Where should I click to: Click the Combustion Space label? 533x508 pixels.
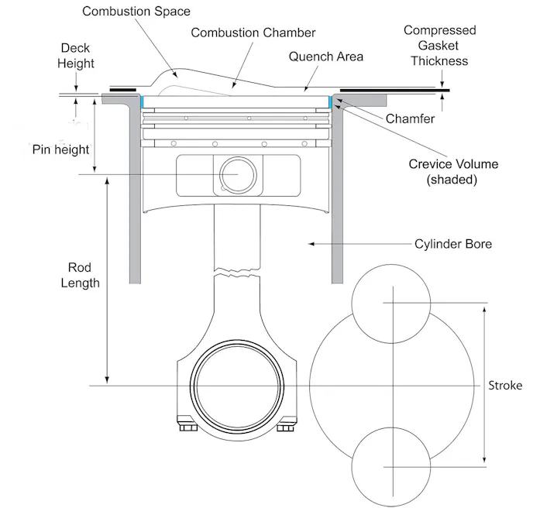pos(136,12)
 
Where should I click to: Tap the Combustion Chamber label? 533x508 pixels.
pos(253,33)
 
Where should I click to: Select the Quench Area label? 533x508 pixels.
pos(325,57)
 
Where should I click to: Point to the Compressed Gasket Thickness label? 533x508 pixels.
pos(440,45)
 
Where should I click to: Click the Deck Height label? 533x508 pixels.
pos(75,55)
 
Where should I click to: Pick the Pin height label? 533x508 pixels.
pos(60,149)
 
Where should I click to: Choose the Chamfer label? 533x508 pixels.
pos(410,119)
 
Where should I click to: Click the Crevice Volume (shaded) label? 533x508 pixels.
pos(452,171)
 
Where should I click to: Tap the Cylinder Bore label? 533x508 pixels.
pos(453,244)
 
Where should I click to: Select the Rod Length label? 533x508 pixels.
pos(80,275)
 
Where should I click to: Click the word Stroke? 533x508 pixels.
pos(505,386)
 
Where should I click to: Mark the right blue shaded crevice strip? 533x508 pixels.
pos(332,101)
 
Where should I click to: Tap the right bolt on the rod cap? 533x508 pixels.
pos(285,424)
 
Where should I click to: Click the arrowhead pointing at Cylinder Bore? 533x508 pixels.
pos(311,244)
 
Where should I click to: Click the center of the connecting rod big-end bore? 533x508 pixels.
pos(234,385)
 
